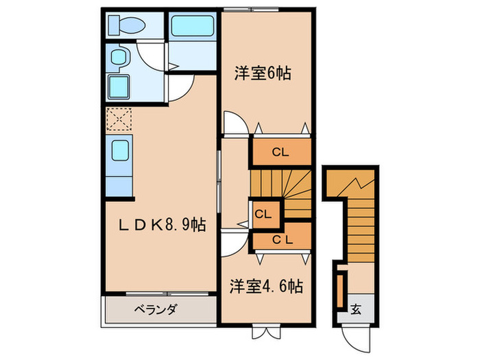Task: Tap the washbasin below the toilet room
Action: [x=118, y=58]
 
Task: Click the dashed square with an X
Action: [x=119, y=119]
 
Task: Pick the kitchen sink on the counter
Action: [x=119, y=150]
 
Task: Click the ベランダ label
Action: [x=154, y=309]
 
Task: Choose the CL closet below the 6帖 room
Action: [x=280, y=152]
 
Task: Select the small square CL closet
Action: [x=263, y=213]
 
